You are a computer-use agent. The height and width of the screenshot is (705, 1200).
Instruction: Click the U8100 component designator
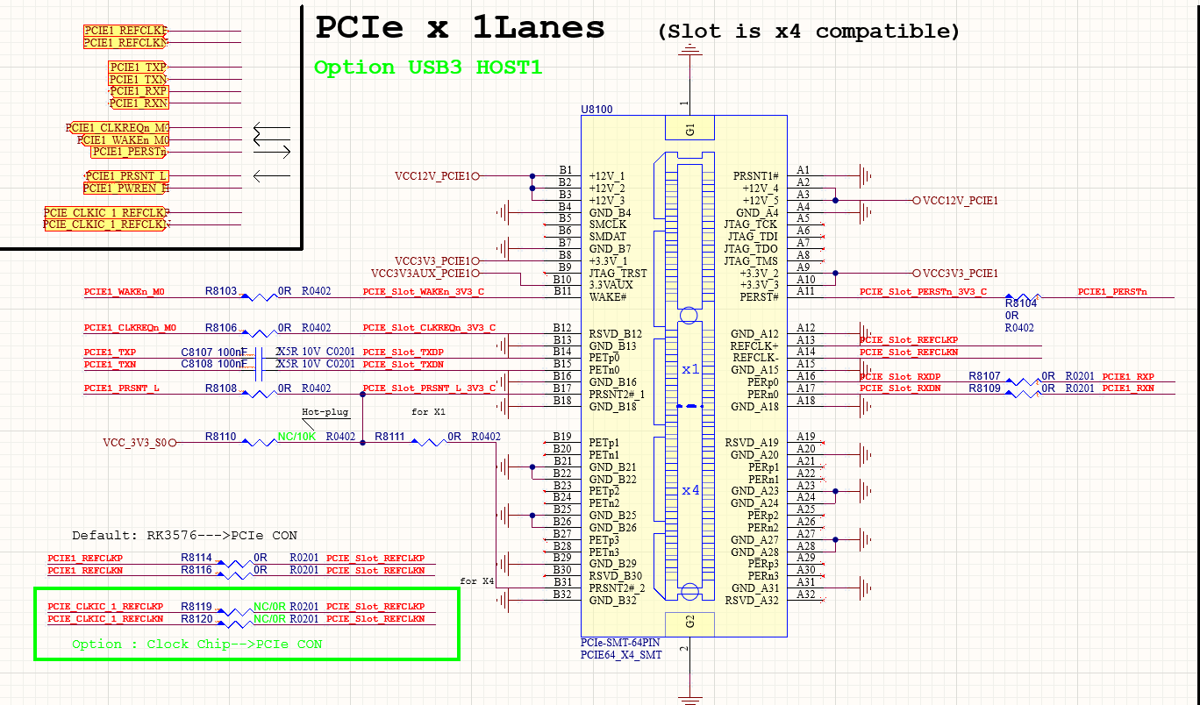click(596, 110)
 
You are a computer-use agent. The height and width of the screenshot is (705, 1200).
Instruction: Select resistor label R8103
click(221, 290)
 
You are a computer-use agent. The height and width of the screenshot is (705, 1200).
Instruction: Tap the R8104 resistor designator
click(1021, 303)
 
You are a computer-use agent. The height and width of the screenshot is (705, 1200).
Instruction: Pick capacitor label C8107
click(196, 352)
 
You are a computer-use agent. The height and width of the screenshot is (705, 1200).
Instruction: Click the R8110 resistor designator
click(221, 436)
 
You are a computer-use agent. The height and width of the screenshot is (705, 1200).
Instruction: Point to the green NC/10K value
click(296, 436)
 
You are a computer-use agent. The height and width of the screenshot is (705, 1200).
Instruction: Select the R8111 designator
click(390, 436)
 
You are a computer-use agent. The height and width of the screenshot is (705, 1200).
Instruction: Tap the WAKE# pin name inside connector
click(608, 297)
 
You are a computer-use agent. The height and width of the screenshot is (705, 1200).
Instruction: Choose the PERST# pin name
click(759, 297)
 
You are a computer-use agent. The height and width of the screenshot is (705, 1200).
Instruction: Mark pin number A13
click(805, 339)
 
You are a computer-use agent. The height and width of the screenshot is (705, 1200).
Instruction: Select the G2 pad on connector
click(690, 623)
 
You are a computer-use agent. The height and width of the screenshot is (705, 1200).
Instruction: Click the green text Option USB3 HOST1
click(428, 68)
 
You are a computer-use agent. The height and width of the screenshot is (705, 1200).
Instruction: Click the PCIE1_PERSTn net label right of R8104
click(1112, 292)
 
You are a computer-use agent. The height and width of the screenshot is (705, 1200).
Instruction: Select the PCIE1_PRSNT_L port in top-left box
click(126, 176)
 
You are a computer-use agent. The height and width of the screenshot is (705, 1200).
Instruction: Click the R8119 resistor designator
click(196, 606)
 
